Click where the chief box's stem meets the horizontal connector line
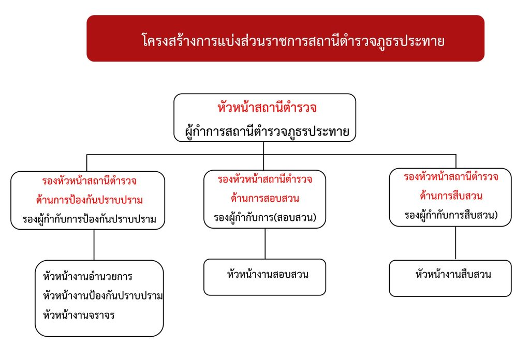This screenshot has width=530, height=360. coord(263,155)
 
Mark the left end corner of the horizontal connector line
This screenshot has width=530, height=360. coord(87,155)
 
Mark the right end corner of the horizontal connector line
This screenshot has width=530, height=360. coord(456,155)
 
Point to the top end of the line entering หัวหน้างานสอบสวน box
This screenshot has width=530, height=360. coord(265,229)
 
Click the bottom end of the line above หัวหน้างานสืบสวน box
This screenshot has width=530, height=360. coord(455,260)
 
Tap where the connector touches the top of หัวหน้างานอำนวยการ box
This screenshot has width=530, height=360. coord(94,260)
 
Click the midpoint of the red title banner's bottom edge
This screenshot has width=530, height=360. coord(286,62)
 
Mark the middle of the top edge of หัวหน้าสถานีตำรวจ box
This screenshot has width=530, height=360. coord(264,94)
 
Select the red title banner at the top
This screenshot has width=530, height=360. coord(286,38)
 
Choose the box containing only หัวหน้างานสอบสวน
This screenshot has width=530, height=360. coord(264,277)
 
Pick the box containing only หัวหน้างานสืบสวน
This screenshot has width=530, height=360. coord(450,278)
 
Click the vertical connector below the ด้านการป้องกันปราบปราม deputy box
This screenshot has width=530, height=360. coord(94,245)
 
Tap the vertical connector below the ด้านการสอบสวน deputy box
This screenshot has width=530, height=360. coord(265,244)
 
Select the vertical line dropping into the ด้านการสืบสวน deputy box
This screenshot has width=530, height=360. coord(456,161)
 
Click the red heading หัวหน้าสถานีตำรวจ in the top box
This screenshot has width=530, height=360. coord(267,108)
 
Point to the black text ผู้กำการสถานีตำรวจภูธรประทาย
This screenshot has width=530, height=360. coord(267,131)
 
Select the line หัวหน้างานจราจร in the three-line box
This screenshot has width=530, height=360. coord(79,315)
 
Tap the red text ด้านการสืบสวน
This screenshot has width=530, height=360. coord(451,196)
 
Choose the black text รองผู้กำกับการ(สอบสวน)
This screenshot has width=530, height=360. coord(264,217)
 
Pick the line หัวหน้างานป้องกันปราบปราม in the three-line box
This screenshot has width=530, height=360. coord(103,296)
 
